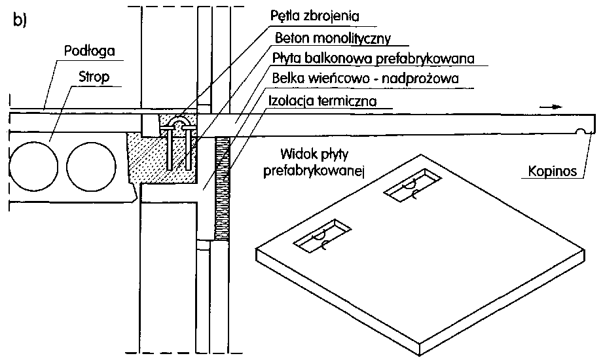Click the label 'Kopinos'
pos(553,173)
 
